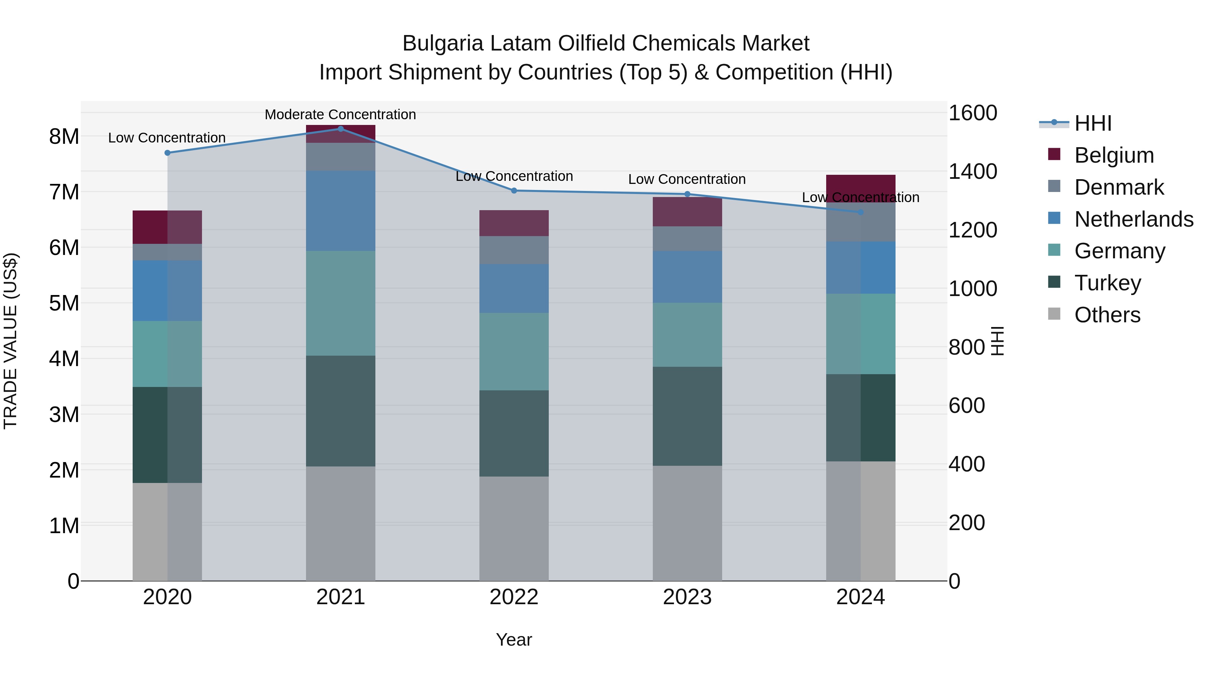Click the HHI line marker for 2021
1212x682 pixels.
coord(341,129)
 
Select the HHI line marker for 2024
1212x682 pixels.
coord(861,212)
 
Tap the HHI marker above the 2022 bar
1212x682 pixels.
coord(514,191)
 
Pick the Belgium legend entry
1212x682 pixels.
coord(1114,155)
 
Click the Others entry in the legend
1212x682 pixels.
coord(1107,315)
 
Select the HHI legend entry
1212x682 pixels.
coord(1093,123)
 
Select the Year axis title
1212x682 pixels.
coord(514,640)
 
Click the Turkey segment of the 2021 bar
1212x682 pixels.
coord(341,411)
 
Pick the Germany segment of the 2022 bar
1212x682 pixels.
coord(514,352)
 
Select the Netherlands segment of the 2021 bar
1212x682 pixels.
coord(341,210)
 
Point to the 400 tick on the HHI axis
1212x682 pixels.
coord(966,464)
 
